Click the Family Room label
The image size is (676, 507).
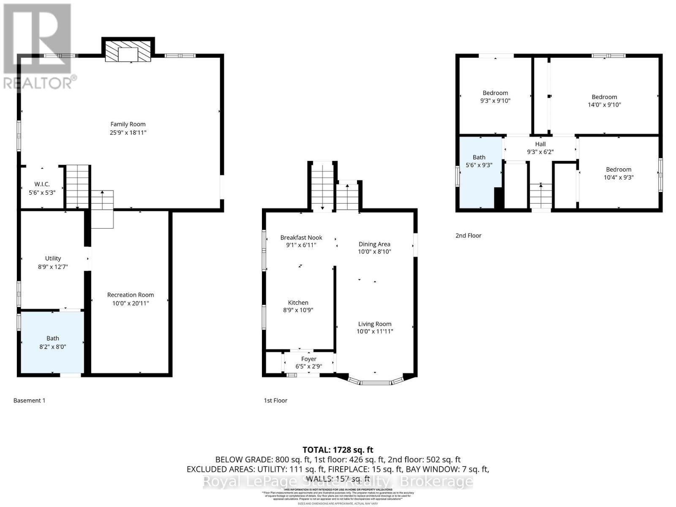click(x=128, y=124)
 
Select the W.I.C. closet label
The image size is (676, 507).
click(x=42, y=184)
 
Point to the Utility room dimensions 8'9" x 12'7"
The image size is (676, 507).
click(x=53, y=267)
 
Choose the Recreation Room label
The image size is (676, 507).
click(x=130, y=295)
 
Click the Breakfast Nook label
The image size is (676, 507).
click(x=301, y=237)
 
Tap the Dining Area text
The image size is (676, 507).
click(x=374, y=244)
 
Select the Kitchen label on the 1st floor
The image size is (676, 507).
click(x=298, y=303)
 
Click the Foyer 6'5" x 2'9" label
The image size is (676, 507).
click(x=308, y=363)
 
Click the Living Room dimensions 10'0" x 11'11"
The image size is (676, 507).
click(x=375, y=332)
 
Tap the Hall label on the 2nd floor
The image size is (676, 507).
click(x=540, y=144)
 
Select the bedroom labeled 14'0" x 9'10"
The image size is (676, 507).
click(x=604, y=101)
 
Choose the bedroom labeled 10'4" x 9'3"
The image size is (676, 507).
click(x=619, y=173)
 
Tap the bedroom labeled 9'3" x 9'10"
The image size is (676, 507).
click(x=495, y=97)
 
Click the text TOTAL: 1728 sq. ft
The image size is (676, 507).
click(x=338, y=450)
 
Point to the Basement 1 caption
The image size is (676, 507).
click(x=29, y=401)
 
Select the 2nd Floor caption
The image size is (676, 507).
click(x=468, y=236)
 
